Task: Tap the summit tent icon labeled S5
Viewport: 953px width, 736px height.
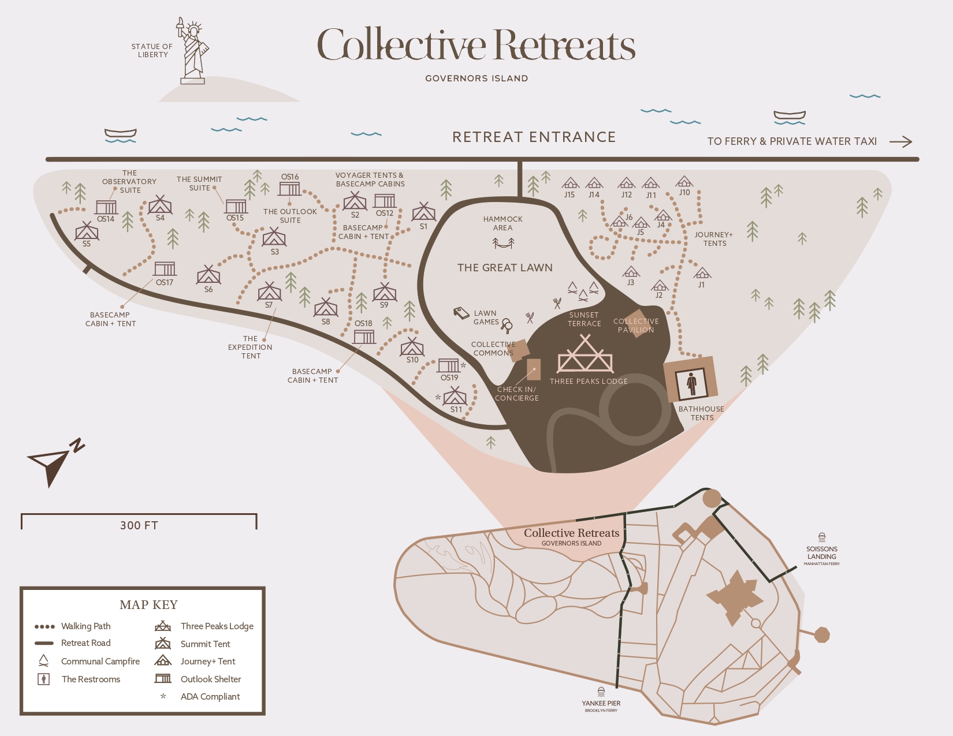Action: [87, 231]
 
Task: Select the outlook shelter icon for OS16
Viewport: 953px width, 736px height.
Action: [289, 189]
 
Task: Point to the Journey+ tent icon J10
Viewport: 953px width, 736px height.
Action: [684, 181]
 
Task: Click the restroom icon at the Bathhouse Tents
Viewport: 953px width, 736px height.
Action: [691, 384]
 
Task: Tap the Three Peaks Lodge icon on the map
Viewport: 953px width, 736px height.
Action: [585, 354]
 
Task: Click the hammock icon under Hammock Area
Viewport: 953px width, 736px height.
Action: [503, 242]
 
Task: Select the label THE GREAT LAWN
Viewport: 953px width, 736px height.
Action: [505, 267]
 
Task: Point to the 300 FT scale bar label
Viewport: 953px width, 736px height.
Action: [139, 525]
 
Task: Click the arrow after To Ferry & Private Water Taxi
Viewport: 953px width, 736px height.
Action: [901, 141]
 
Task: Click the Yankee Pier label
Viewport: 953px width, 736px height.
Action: [601, 703]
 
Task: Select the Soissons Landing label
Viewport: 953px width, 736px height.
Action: [821, 552]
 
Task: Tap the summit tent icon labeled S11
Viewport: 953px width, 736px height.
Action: [455, 396]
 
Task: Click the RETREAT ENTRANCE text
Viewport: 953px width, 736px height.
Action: [534, 137]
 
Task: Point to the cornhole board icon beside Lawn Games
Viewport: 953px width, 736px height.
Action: [461, 312]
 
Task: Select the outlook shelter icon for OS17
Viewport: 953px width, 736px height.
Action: [165, 269]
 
